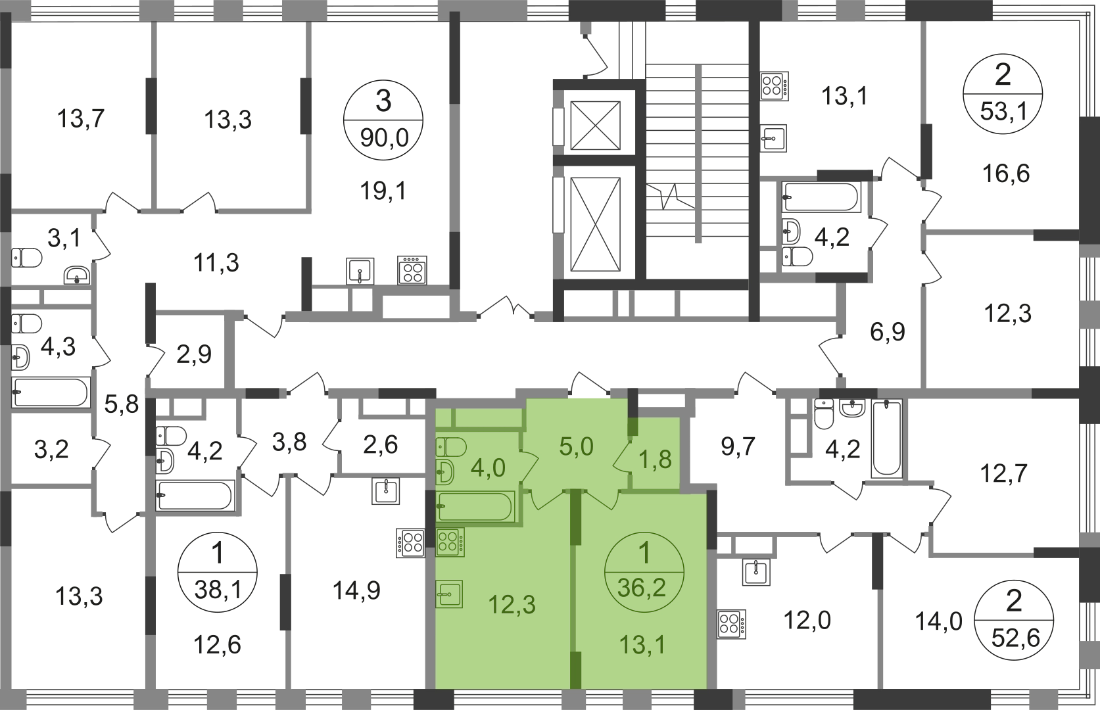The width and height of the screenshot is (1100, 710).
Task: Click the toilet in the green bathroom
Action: coord(450,447)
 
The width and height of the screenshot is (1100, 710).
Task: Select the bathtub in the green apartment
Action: coord(475,508)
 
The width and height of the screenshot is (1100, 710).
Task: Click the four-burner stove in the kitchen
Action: coord(450,542)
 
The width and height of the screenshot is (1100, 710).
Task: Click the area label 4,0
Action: coord(488,468)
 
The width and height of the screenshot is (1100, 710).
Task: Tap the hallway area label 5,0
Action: coord(576,447)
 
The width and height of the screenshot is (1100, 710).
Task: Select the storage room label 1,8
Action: coord(656,458)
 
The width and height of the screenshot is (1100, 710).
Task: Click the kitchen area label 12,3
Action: coord(512,604)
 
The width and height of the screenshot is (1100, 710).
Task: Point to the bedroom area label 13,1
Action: coord(642,644)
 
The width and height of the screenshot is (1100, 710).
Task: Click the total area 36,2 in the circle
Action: coord(642,587)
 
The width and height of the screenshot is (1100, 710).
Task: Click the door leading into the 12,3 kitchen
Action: coord(544,499)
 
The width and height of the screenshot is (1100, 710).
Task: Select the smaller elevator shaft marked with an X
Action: coord(594,125)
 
